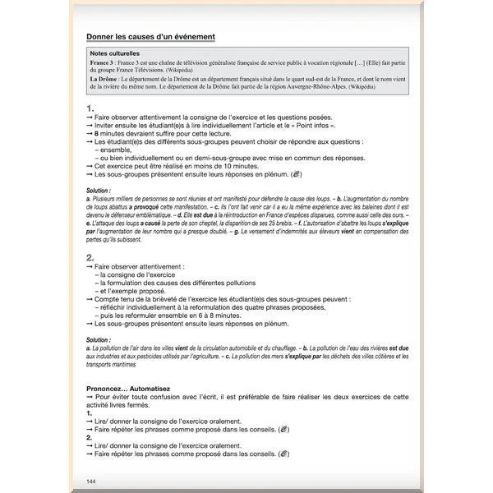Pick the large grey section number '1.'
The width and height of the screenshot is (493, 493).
(x=90, y=108)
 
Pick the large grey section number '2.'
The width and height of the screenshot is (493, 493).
(x=90, y=257)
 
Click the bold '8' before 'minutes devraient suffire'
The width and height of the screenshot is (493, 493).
(x=96, y=132)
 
